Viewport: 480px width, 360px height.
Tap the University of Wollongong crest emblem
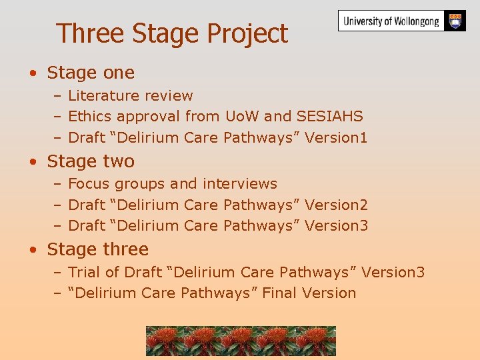[455, 21]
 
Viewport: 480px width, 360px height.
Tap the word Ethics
[90, 117]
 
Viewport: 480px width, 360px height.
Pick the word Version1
[336, 138]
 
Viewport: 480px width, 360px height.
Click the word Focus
[89, 184]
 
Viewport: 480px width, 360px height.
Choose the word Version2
[336, 205]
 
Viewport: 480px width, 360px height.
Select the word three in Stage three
[125, 250]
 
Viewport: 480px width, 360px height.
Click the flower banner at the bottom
[241, 341]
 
